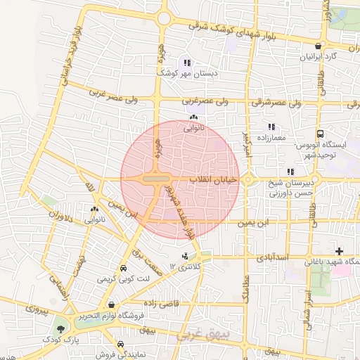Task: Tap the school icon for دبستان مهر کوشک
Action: (186, 63)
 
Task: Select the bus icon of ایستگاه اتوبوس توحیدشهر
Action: (321, 134)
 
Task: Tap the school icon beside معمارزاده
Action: (271, 127)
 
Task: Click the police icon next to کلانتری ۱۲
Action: (185, 257)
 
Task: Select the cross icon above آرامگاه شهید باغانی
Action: (340, 251)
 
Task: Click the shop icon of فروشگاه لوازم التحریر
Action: (112, 304)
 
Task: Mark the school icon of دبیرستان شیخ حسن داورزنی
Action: (290, 172)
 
